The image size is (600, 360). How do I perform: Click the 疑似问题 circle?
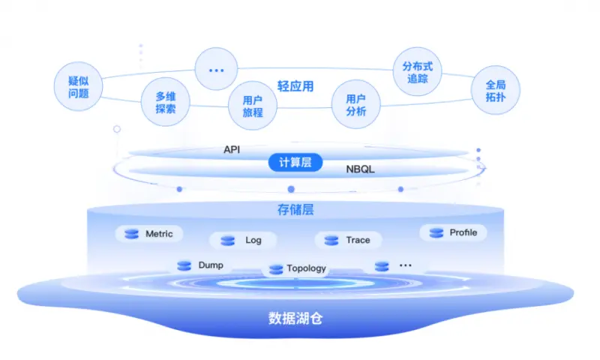[x=79, y=87]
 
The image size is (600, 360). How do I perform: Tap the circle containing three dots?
[x=217, y=70]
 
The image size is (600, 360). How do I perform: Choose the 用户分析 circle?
[x=355, y=105]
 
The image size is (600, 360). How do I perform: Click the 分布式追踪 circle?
[x=417, y=72]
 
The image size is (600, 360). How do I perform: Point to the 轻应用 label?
[x=295, y=86]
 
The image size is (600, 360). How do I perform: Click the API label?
[x=232, y=149]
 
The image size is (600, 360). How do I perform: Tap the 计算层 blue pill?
[x=295, y=162]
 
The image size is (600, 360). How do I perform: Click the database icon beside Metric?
[x=132, y=234]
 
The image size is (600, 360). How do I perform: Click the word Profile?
[x=463, y=232]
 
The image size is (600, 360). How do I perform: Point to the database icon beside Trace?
[x=331, y=240]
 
